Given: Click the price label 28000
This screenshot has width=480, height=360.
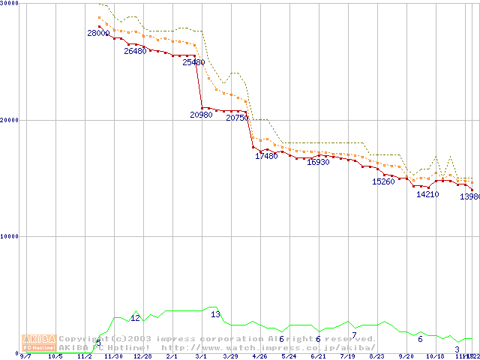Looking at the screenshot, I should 98,33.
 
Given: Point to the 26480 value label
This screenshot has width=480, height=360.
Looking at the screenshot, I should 136,52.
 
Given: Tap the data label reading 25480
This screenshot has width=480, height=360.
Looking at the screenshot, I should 193,63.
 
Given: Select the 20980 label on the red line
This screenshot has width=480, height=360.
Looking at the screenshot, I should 202,115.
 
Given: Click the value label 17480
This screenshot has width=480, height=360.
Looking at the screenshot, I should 266,156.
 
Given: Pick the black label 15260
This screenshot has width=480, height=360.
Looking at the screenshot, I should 383,181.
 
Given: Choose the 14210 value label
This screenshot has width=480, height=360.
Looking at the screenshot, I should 427,194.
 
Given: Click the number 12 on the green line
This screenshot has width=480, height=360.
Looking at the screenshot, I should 136,318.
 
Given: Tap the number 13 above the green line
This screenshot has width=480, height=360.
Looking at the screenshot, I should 215,314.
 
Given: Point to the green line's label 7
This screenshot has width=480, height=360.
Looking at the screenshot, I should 354,335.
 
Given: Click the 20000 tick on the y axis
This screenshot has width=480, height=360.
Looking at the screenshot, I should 10,120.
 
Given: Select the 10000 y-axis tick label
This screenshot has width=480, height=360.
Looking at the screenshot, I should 10,236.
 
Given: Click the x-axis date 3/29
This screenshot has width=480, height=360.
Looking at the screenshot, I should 230,356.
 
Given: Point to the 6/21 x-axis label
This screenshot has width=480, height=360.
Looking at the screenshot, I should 318,356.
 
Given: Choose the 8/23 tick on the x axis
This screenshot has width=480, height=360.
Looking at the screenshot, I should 376,356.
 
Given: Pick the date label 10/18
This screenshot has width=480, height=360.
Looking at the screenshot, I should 435,356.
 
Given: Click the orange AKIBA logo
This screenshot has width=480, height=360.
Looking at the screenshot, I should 38,343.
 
